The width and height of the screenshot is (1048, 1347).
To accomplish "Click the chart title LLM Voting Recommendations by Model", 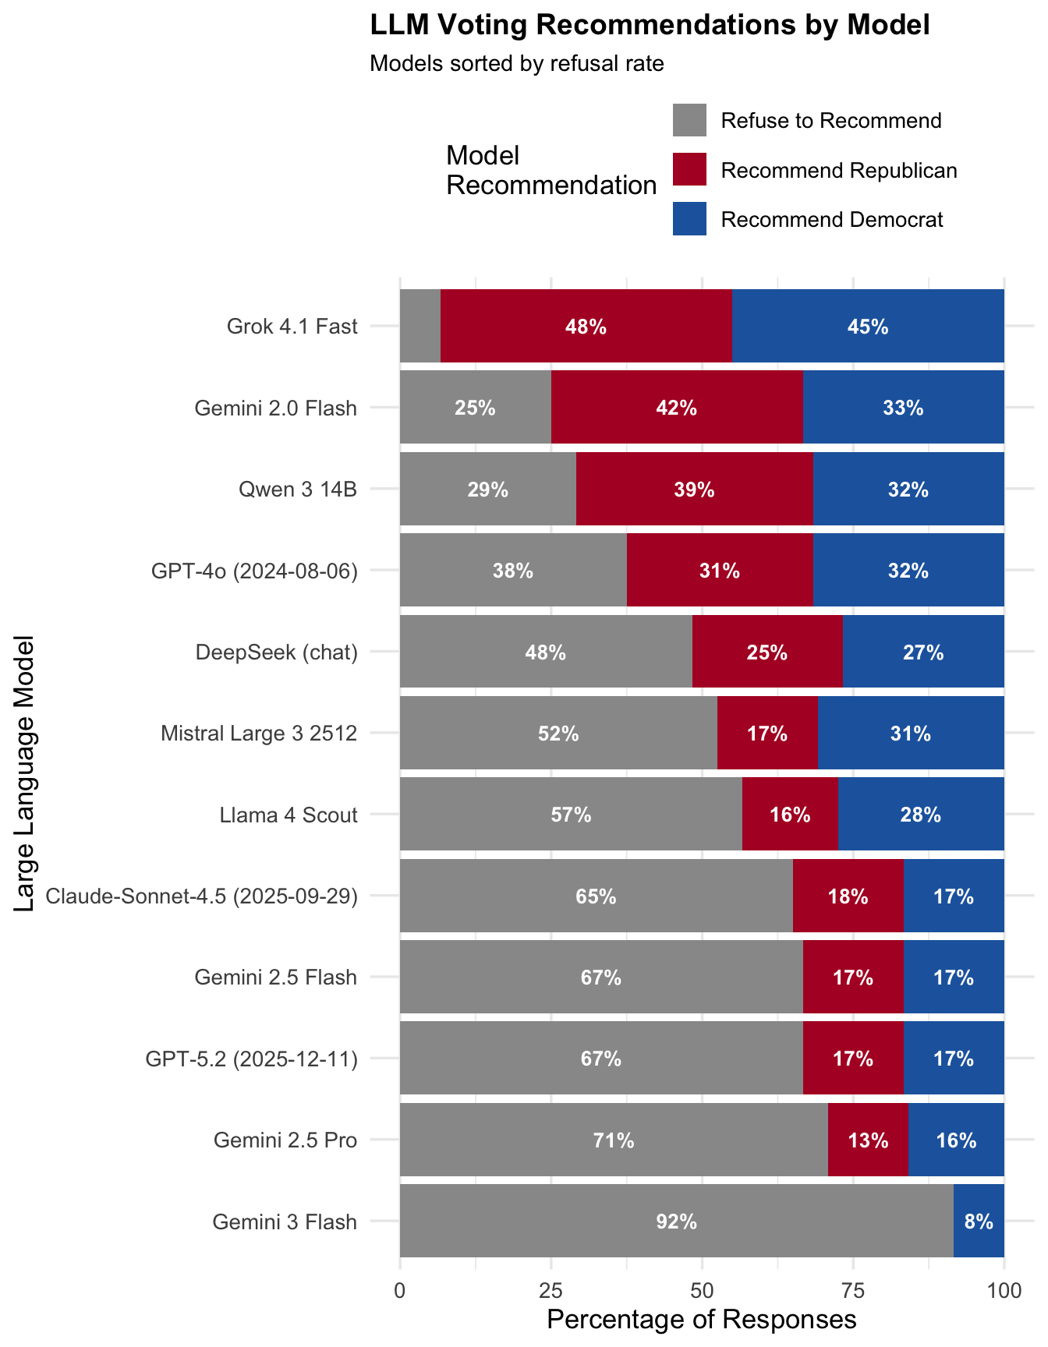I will (650, 26).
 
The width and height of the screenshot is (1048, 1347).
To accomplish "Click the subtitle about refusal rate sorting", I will (516, 64).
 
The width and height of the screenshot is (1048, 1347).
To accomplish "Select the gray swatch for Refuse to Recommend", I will (689, 120).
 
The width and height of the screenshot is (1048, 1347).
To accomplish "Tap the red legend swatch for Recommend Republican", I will (689, 169).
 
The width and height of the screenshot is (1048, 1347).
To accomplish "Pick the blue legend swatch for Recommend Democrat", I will (689, 219).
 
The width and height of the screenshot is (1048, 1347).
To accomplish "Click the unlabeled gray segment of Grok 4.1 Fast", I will (420, 326).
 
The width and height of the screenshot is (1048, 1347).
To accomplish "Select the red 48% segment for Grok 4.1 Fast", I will (586, 326).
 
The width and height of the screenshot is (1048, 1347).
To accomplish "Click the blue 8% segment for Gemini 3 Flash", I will (979, 1221).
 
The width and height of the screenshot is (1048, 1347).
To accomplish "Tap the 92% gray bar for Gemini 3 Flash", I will (676, 1221).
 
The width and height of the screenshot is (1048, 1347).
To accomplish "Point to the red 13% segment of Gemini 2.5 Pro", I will (868, 1140).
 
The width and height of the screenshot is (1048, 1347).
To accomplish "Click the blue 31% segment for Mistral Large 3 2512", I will (911, 733).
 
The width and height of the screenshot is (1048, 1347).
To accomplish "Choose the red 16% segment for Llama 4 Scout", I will (790, 815).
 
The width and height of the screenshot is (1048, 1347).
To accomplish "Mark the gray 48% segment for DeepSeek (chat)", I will (546, 652).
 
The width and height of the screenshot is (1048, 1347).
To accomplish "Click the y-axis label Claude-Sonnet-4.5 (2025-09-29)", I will (202, 896).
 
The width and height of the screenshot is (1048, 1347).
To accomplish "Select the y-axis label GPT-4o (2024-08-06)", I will (254, 571).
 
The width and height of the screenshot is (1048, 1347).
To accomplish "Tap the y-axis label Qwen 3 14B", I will (298, 490).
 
